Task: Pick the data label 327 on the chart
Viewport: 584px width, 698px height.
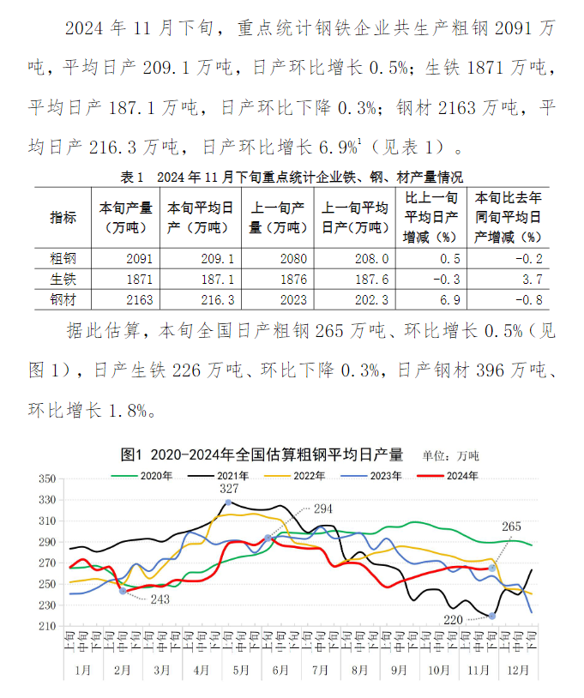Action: tap(228, 489)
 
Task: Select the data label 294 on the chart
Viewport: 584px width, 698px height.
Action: tap(323, 508)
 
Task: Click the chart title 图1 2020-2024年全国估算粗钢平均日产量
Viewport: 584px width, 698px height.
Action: tap(262, 454)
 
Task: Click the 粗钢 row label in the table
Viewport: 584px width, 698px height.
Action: tap(63, 258)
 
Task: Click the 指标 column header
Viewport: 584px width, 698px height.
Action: tap(63, 217)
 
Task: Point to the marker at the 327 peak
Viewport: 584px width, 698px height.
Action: tap(229, 502)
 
